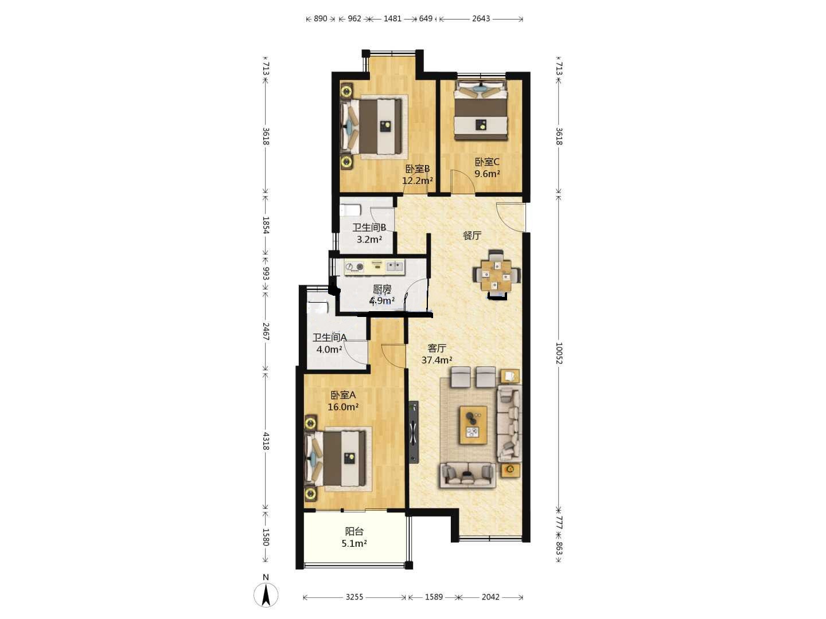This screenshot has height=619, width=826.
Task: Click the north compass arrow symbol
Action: (x=266, y=595)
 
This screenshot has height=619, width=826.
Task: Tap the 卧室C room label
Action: (x=487, y=162)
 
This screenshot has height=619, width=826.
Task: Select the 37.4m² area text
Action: (x=437, y=360)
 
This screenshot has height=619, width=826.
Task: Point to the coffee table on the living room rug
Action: (x=473, y=425)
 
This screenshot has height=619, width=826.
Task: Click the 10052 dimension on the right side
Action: (x=559, y=352)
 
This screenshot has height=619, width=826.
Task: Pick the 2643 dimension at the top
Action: (x=481, y=19)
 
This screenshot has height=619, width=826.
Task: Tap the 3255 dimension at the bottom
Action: (x=354, y=597)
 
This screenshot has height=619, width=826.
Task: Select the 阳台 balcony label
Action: (x=354, y=531)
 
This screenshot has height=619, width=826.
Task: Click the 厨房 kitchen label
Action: (x=382, y=289)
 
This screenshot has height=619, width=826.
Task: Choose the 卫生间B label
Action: (x=369, y=228)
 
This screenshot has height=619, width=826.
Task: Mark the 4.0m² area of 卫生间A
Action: (x=329, y=350)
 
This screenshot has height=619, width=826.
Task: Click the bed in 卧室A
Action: (x=336, y=458)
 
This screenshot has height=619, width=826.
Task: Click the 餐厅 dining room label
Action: (x=472, y=236)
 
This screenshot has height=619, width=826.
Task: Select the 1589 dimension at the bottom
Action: (x=434, y=597)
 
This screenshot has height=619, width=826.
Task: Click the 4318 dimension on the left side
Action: (x=266, y=441)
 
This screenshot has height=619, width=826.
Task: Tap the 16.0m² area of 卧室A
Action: (x=343, y=407)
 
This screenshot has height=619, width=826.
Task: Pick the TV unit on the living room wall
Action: (x=414, y=432)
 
